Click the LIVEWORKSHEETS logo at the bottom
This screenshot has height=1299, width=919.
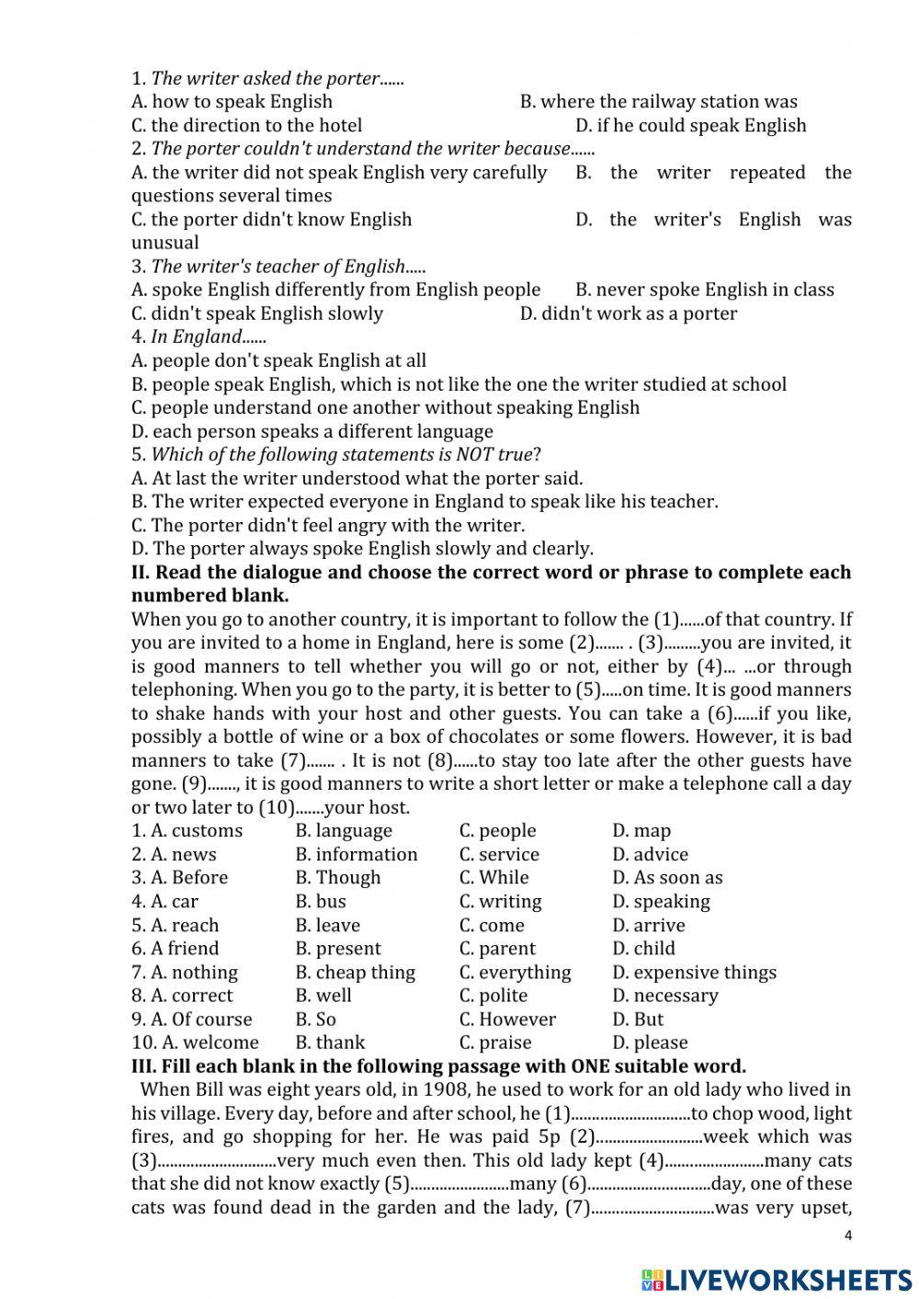click(x=777, y=1279)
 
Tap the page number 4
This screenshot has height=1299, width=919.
click(x=848, y=1235)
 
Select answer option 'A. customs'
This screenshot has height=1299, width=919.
click(x=197, y=831)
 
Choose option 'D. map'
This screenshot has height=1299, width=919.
click(x=641, y=831)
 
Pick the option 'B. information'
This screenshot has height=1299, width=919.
click(x=357, y=855)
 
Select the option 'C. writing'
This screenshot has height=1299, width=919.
click(x=500, y=902)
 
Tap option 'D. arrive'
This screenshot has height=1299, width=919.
click(x=648, y=926)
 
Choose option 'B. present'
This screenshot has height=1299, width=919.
click(x=338, y=949)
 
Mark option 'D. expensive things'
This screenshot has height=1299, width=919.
click(x=694, y=973)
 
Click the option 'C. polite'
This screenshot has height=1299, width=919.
click(x=494, y=996)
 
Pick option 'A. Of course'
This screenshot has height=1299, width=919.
click(x=201, y=1020)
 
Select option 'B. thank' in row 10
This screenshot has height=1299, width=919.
click(x=330, y=1043)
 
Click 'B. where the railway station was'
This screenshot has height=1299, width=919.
click(x=658, y=102)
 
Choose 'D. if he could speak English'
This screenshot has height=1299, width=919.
click(x=690, y=126)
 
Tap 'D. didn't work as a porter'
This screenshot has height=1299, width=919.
click(x=628, y=313)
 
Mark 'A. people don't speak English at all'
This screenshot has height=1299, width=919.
click(x=278, y=360)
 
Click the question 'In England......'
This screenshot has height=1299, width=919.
click(x=197, y=336)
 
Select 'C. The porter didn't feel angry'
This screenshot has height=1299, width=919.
click(x=328, y=525)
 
